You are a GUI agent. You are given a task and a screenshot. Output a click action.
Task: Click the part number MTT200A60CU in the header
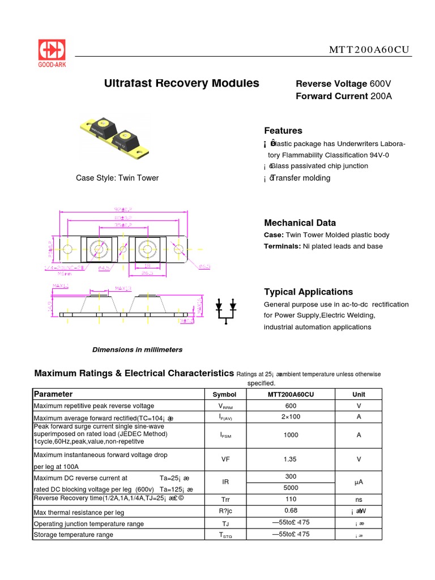369,50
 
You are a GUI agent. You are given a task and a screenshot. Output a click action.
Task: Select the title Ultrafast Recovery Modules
182,83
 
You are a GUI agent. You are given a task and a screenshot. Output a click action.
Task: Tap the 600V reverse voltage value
380,84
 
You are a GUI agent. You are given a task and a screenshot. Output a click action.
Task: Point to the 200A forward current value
381,96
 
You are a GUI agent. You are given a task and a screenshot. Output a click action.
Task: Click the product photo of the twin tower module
117,137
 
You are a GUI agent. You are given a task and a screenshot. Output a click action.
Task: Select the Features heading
283,131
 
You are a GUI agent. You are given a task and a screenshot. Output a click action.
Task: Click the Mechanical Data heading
300,223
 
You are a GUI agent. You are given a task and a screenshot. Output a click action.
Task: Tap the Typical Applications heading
308,292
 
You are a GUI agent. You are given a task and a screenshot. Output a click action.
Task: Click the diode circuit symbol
225,310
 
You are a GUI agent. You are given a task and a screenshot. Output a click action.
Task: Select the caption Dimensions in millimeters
137,350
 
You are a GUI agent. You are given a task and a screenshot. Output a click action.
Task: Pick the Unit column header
359,394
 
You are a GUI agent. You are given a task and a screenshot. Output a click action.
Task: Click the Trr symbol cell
225,500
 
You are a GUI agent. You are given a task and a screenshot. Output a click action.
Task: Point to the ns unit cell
359,500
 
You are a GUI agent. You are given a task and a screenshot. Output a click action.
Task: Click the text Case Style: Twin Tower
117,178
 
